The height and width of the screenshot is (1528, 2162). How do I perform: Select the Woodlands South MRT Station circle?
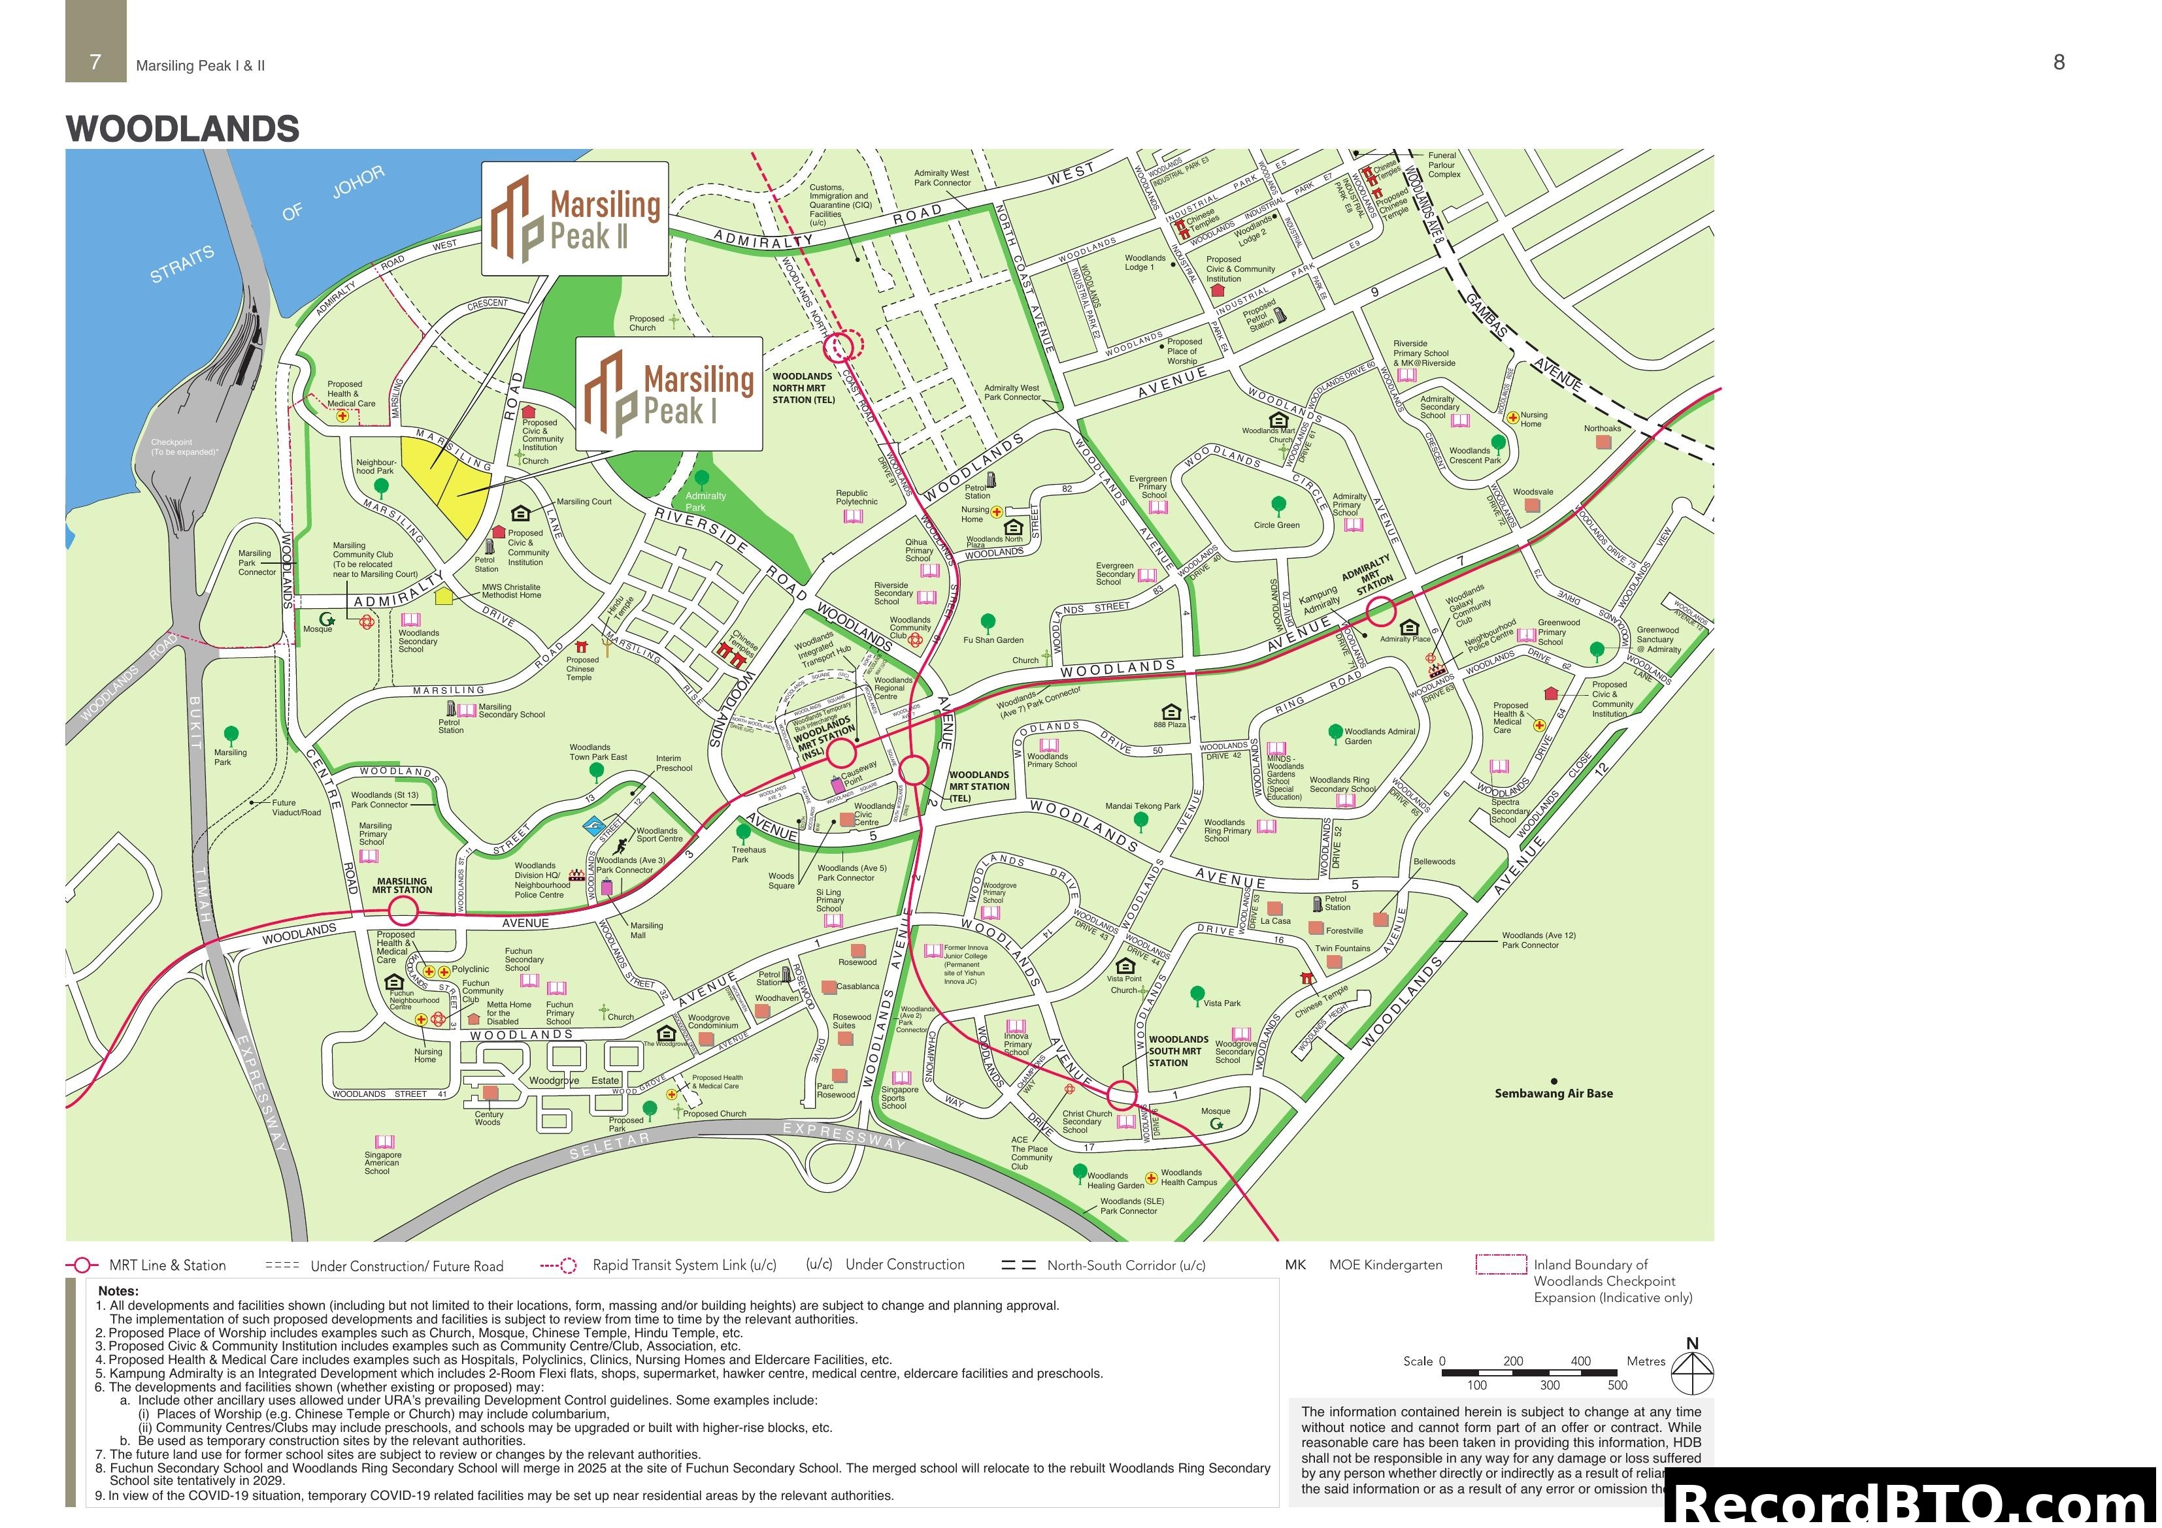pos(1122,1095)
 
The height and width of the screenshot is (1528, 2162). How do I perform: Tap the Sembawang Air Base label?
pos(1554,1093)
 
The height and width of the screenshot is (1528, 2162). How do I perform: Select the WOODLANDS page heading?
pos(183,129)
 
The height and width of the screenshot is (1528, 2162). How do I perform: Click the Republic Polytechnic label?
pos(856,497)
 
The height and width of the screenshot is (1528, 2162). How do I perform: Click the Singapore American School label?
pos(382,1163)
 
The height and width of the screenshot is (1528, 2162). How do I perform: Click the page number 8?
pos(2059,62)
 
